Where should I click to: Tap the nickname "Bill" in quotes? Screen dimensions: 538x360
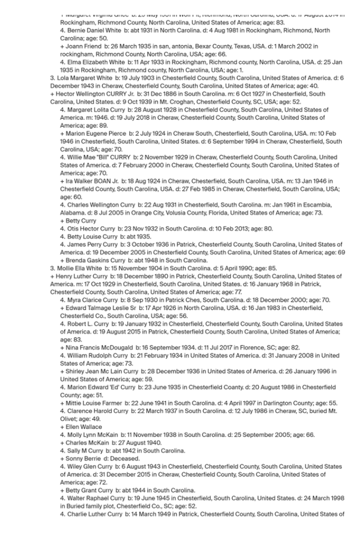(108, 157)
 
